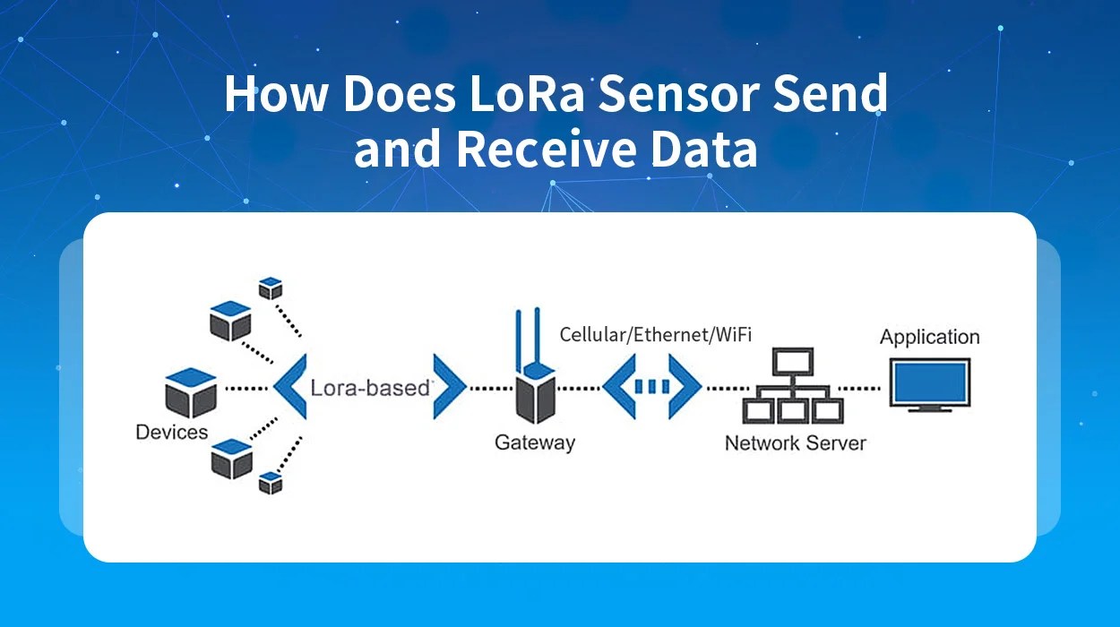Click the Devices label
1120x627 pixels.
click(171, 433)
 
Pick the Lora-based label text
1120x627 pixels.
click(371, 389)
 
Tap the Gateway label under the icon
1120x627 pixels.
click(535, 442)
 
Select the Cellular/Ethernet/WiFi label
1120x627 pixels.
click(655, 334)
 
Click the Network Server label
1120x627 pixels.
click(795, 442)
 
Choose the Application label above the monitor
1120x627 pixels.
click(929, 338)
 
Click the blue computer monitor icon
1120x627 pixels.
click(929, 384)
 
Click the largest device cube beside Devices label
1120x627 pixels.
click(191, 392)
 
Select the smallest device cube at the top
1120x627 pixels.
click(270, 288)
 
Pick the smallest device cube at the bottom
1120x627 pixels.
click(270, 483)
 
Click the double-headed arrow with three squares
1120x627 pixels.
click(651, 387)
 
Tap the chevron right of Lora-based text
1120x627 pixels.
click(449, 387)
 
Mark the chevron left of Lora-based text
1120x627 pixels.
click(289, 387)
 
